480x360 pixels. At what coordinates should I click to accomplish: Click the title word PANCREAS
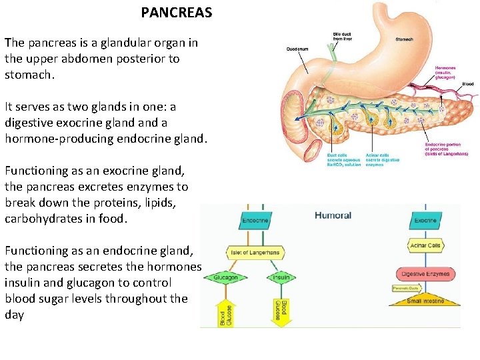pos(177,13)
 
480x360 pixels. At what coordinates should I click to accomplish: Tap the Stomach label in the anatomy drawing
pos(404,39)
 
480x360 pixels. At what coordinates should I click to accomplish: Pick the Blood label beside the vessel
pos(467,84)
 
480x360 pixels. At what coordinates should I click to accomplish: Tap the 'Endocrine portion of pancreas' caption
pos(447,149)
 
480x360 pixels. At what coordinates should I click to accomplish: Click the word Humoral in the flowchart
pos(333,215)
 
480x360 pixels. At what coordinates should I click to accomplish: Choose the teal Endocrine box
pos(255,221)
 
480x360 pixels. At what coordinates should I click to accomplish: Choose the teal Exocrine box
pos(425,221)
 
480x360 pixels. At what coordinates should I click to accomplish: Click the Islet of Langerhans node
pos(255,253)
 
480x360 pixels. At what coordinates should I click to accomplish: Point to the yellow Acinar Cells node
pos(425,245)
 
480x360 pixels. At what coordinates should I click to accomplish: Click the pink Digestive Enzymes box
pos(425,273)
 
